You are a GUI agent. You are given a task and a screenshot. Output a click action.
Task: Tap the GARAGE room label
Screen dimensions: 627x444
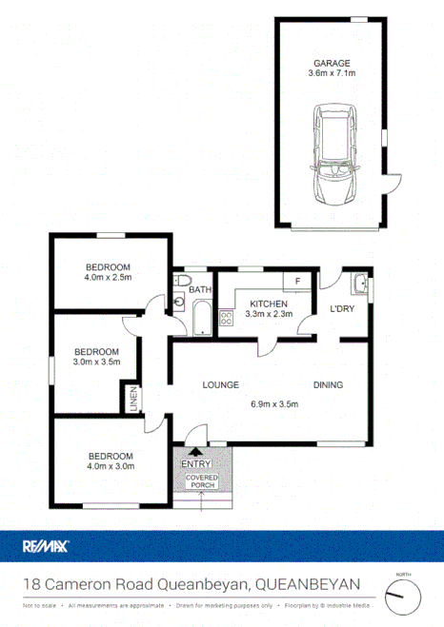point(330,62)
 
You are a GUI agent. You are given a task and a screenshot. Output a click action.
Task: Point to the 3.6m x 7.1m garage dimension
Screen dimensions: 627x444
point(330,73)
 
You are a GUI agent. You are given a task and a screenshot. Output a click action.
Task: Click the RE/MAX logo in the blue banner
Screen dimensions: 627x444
point(45,546)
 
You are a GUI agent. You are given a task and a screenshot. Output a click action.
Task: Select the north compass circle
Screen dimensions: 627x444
point(402,597)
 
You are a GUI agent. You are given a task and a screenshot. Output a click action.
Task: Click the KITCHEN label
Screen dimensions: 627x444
point(268,304)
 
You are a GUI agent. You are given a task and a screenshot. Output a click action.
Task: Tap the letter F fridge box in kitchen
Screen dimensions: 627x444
point(297,282)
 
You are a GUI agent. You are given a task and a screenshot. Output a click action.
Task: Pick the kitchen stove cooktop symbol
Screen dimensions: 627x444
point(227,319)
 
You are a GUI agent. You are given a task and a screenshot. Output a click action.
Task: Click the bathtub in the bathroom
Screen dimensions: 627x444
point(202,318)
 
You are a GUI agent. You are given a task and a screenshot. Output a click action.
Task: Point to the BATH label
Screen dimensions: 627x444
point(199,290)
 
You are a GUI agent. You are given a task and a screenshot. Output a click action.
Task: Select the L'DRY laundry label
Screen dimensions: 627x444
point(342,310)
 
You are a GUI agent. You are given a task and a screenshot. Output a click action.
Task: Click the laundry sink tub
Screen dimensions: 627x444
point(357,284)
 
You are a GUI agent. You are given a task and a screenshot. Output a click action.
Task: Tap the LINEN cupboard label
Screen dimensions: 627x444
point(134,398)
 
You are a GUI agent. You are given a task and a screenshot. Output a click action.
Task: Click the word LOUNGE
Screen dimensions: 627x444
point(219,385)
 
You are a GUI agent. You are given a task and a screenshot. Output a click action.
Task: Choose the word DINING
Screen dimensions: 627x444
point(328,385)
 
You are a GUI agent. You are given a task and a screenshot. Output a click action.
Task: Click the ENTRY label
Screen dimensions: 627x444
point(194,463)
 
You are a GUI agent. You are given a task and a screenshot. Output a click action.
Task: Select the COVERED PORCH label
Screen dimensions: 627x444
point(201,481)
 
